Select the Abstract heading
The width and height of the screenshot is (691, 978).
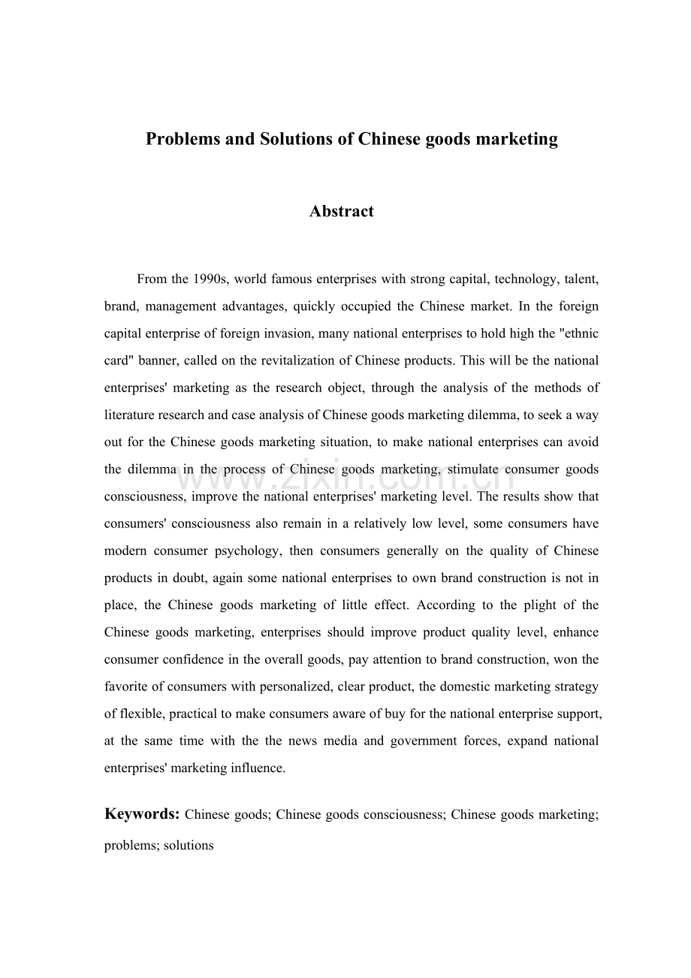tap(342, 211)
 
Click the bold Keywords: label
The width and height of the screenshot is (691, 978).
tap(141, 814)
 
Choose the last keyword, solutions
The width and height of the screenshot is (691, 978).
tap(194, 845)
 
